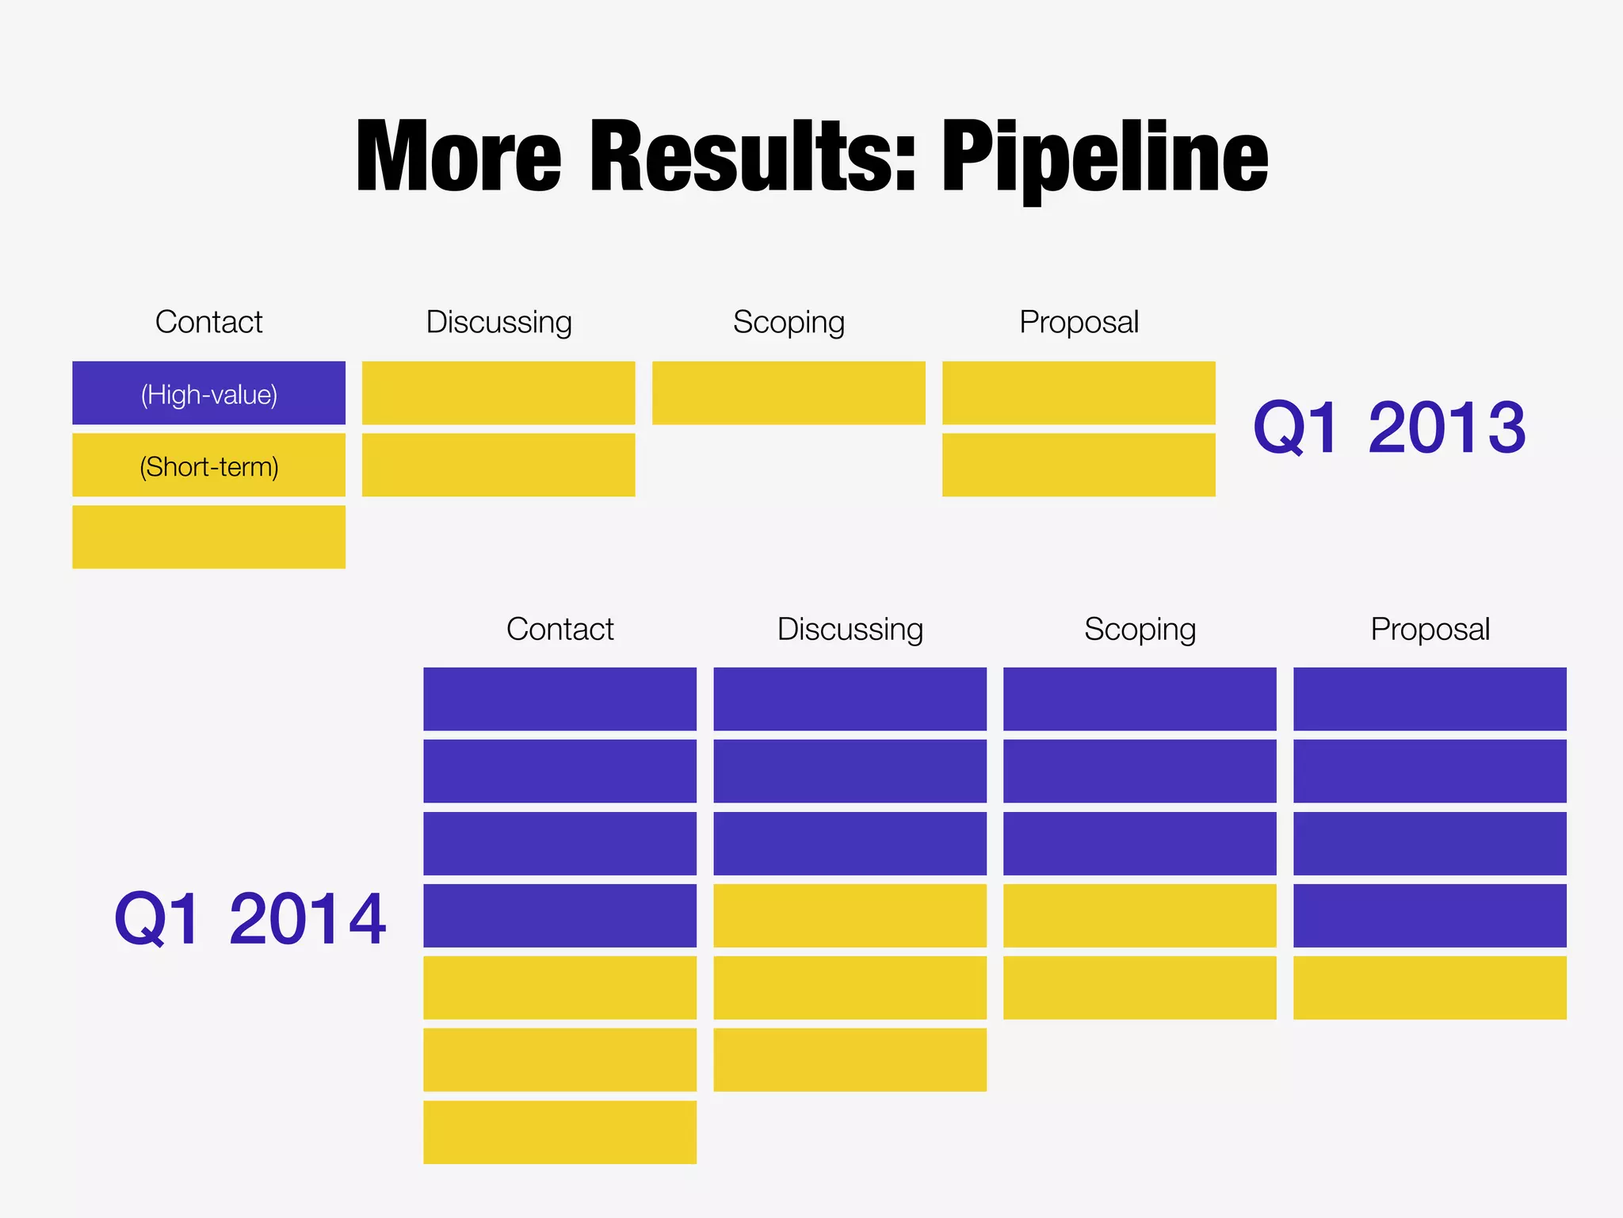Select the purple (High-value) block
click(208, 393)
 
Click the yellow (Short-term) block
click(208, 465)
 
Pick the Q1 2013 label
click(1389, 428)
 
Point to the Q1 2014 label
click(250, 919)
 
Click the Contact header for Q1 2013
click(208, 322)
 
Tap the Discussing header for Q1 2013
click(498, 322)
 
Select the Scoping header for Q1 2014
click(1140, 630)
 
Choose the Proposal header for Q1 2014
click(1430, 630)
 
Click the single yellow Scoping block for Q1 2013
click(789, 393)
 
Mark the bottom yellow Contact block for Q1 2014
click(559, 1132)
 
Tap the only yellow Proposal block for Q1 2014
click(1430, 987)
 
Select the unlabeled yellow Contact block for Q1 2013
click(208, 537)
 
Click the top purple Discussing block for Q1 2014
click(850, 699)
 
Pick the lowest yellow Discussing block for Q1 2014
click(850, 1059)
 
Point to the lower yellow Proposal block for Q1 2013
click(1079, 465)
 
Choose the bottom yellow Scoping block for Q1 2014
click(1140, 987)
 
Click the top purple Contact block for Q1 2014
click(559, 699)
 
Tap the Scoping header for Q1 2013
click(789, 322)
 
